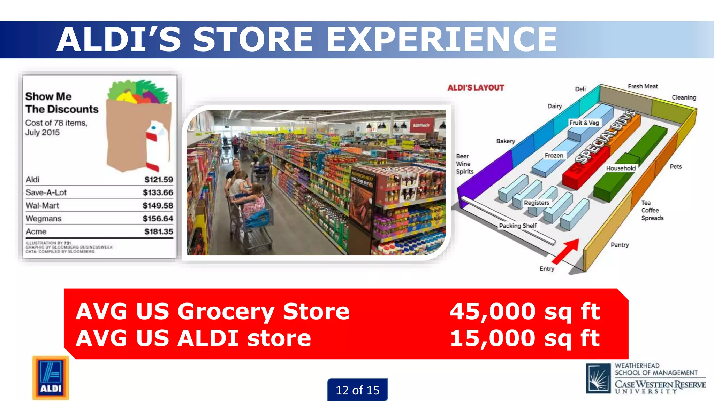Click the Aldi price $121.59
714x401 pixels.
[159, 180]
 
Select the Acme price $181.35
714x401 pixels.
[159, 231]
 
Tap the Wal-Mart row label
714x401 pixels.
[42, 206]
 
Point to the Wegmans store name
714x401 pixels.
[44, 219]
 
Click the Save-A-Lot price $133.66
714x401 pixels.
[158, 192]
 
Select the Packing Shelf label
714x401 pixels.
[518, 226]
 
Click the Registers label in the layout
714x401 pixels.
[536, 203]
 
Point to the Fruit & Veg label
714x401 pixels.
[584, 123]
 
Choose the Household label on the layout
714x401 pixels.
[621, 168]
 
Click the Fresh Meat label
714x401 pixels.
[643, 86]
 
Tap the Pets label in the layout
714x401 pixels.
[675, 167]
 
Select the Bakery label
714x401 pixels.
[506, 141]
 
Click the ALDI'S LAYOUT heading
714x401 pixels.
[476, 88]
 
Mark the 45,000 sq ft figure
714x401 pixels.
[524, 311]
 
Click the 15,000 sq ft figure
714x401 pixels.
[524, 338]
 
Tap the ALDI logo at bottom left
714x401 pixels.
[51, 378]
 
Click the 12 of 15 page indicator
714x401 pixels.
[357, 390]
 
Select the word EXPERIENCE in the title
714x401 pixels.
[441, 39]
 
